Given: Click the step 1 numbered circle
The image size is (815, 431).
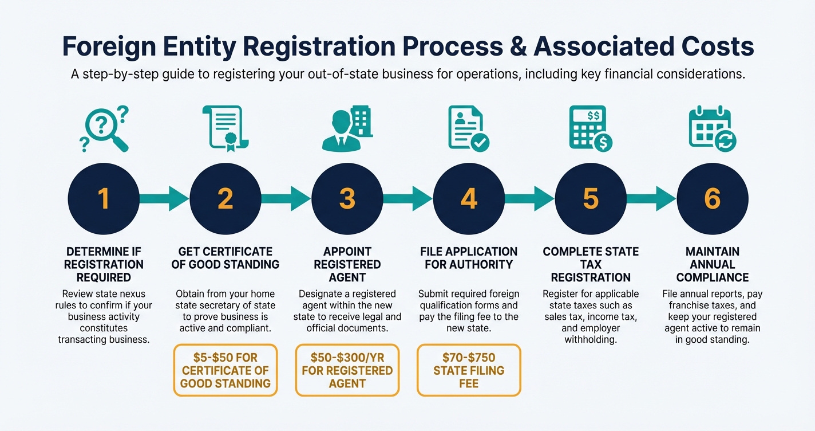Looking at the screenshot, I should click(x=103, y=199).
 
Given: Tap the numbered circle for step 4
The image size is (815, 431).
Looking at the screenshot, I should click(x=469, y=199).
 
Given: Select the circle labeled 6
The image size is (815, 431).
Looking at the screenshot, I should click(x=713, y=199).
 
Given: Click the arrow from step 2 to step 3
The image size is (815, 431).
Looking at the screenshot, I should click(x=286, y=199).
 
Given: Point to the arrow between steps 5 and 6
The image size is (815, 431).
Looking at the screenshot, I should click(x=651, y=199).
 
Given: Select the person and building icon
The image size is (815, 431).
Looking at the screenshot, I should click(x=347, y=129).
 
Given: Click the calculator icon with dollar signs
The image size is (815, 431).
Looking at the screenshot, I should click(x=591, y=129).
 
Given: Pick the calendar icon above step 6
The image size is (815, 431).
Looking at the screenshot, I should click(x=713, y=129).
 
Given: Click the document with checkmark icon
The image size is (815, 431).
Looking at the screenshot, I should click(x=469, y=129).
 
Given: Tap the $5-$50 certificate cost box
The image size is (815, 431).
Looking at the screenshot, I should click(x=225, y=370).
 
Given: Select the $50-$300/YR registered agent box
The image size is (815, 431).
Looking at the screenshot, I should click(x=347, y=370).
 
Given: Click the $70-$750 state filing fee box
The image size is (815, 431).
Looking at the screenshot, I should click(x=469, y=370).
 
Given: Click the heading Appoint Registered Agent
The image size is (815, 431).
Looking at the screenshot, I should click(x=347, y=264).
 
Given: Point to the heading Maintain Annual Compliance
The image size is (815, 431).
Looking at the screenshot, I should click(x=713, y=264).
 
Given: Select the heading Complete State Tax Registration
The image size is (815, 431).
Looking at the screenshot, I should click(x=591, y=264).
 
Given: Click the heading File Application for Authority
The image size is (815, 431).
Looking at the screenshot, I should click(x=469, y=258).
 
